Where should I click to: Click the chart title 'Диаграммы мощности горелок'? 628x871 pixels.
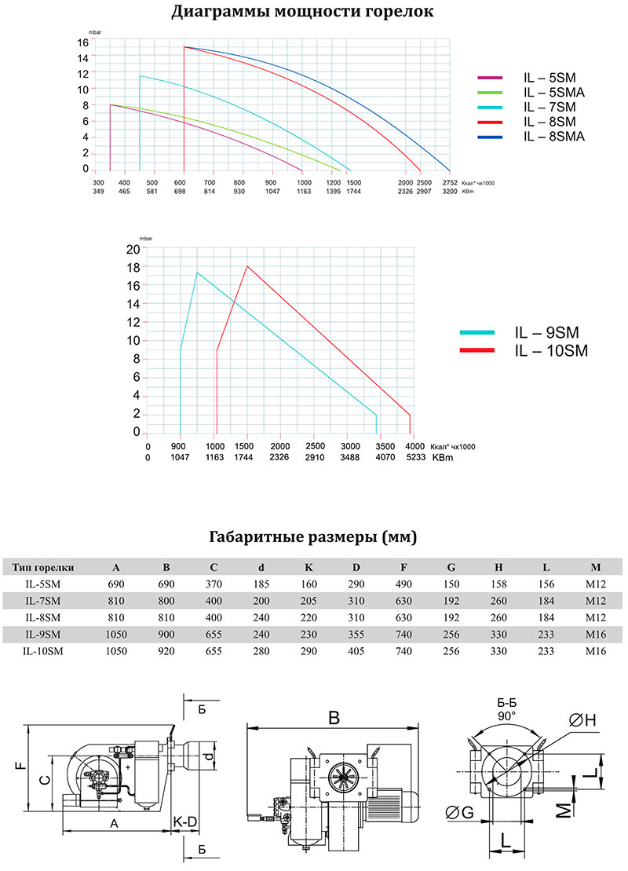[x=302, y=11]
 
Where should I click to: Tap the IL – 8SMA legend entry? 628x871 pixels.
[x=531, y=137]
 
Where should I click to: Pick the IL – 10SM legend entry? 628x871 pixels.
[x=524, y=350]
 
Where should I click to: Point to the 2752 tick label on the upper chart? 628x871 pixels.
[x=450, y=182]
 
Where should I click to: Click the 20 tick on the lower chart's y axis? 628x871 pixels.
[x=133, y=249]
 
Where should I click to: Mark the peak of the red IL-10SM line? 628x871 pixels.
[x=247, y=266]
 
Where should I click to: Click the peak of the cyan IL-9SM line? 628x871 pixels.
[x=197, y=273]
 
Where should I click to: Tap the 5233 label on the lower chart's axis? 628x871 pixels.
[x=416, y=457]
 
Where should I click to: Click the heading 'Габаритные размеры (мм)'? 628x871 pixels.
[x=312, y=536]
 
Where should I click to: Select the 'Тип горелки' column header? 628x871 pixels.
[x=42, y=568]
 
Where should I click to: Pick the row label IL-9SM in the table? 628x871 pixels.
[x=42, y=635]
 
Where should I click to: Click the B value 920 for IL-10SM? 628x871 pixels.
[x=166, y=651]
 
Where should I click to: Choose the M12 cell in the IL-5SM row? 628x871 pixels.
[x=596, y=584]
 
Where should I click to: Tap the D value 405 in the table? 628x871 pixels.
[x=356, y=651]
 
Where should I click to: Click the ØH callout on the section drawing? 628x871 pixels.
[x=582, y=720]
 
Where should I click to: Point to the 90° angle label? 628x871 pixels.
[x=506, y=716]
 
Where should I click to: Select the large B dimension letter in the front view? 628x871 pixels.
[x=334, y=718]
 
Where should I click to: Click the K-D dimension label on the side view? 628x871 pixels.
[x=185, y=822]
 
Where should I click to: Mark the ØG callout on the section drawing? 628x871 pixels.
[x=460, y=813]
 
